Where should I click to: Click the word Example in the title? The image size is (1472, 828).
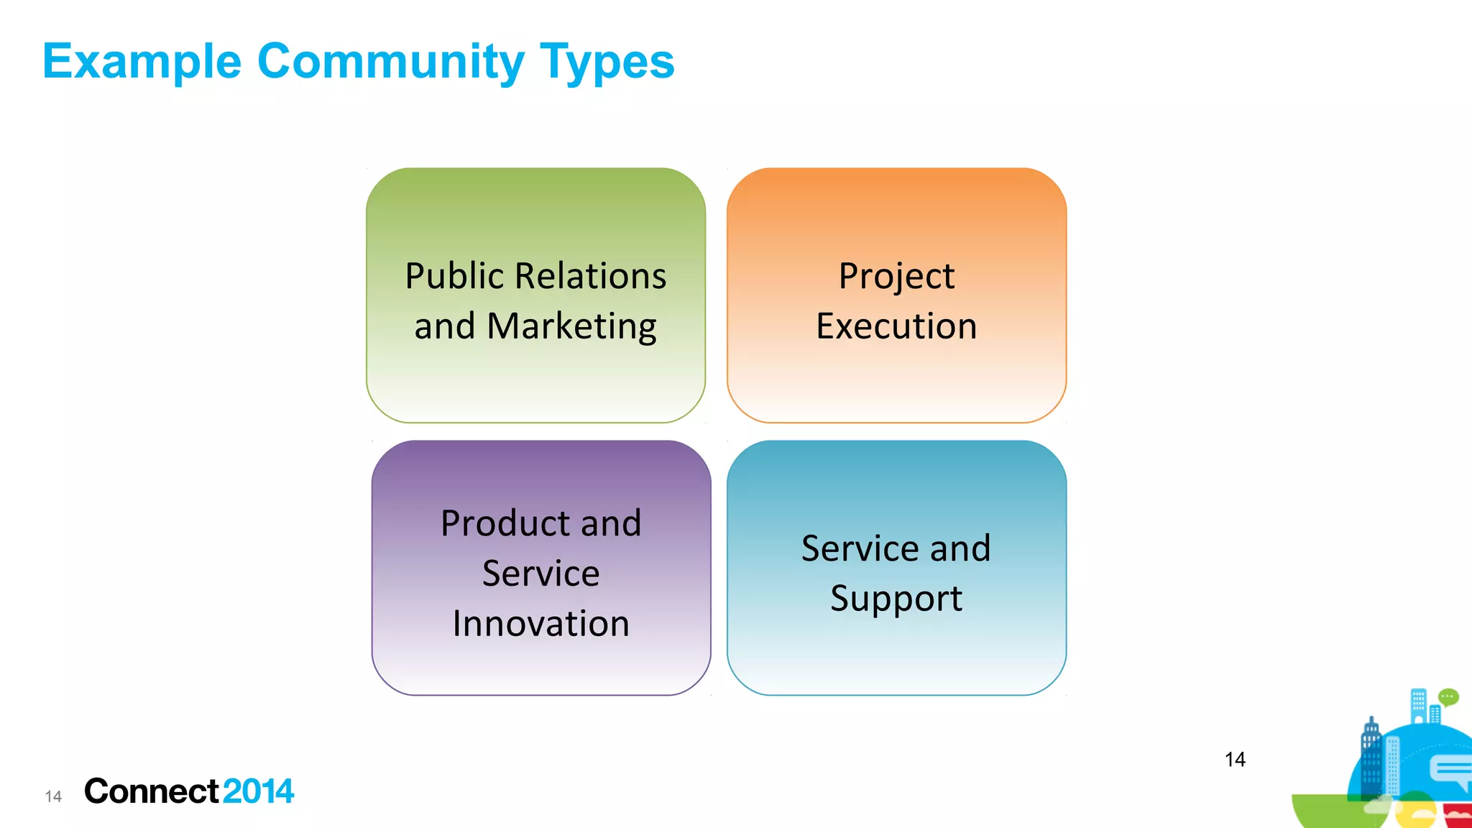click(x=142, y=62)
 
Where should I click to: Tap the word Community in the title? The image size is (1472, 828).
click(x=390, y=62)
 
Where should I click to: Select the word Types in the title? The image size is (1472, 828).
click(x=607, y=62)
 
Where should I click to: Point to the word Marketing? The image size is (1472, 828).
click(x=571, y=326)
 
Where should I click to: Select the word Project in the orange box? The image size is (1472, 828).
click(x=896, y=276)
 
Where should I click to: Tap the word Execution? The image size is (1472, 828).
click(x=896, y=326)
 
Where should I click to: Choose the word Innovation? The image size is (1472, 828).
click(x=540, y=623)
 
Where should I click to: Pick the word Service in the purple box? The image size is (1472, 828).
click(x=540, y=573)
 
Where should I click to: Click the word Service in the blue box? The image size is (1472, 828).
click(x=859, y=548)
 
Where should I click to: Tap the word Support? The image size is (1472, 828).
click(x=896, y=599)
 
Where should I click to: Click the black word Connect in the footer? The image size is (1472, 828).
click(x=151, y=791)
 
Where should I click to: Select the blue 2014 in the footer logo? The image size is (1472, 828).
click(x=258, y=791)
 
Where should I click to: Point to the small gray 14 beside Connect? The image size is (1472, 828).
click(x=53, y=796)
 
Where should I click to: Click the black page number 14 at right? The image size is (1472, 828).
click(x=1235, y=760)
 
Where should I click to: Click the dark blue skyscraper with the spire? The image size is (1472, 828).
click(x=1371, y=758)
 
